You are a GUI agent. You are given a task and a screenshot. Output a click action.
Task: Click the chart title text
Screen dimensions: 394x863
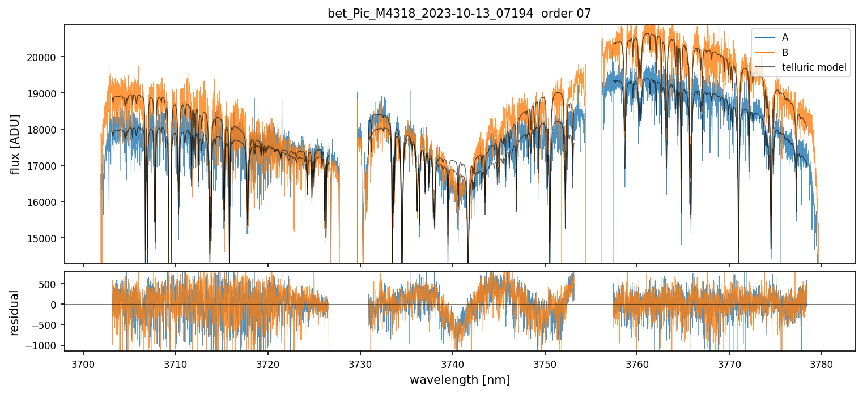point(459,14)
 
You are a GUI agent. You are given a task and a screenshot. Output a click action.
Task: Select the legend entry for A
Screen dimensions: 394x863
point(785,37)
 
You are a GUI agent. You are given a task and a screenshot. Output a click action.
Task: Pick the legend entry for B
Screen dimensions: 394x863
point(785,53)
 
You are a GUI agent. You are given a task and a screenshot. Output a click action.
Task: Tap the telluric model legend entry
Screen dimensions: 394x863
point(814,68)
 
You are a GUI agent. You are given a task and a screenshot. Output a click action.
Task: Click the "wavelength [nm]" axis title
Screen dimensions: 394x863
point(460,380)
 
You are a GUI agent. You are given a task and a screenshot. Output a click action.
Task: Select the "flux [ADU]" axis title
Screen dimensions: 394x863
point(15,144)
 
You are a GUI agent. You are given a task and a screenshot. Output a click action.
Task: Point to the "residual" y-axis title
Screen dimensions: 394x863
point(15,312)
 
